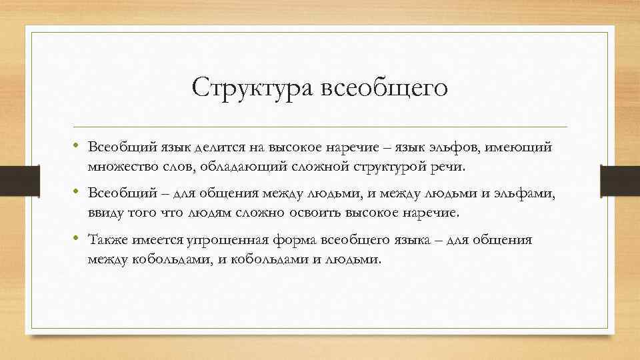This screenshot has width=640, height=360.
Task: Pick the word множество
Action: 121,166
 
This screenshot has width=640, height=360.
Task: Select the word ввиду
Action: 105,213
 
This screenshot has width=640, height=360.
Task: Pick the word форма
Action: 296,240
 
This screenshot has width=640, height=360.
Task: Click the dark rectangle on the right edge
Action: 620,181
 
